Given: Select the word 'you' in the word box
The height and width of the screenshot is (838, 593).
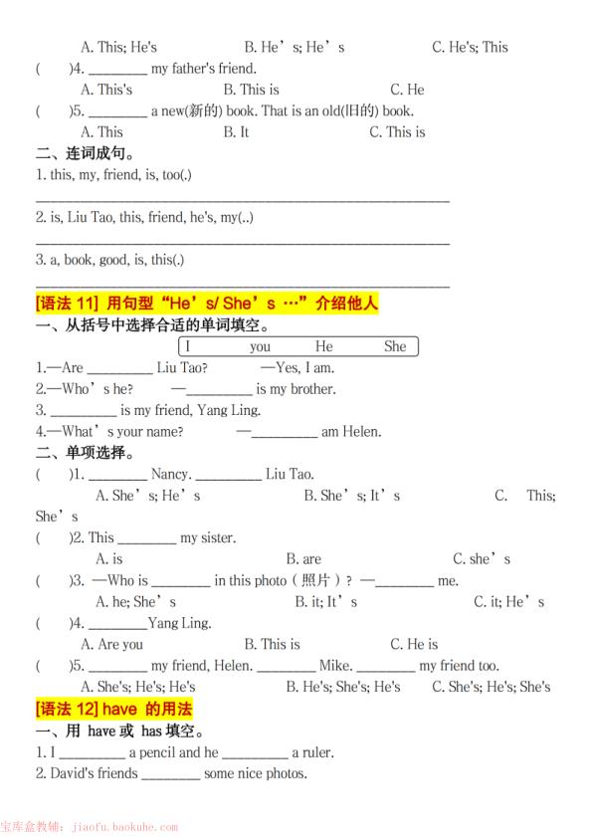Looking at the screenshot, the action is (x=260, y=346).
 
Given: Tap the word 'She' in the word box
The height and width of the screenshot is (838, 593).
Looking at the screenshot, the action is (x=395, y=346).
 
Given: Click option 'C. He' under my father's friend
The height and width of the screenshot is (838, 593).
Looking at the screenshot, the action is (x=407, y=90).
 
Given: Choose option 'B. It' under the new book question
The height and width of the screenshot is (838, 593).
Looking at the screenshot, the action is (x=236, y=131).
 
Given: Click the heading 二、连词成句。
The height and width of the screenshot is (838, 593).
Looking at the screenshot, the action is (x=86, y=153).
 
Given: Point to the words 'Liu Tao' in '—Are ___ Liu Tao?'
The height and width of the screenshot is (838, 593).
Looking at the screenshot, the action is (x=182, y=367).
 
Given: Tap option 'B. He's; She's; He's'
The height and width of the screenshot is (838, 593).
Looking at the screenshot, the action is (x=343, y=687).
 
